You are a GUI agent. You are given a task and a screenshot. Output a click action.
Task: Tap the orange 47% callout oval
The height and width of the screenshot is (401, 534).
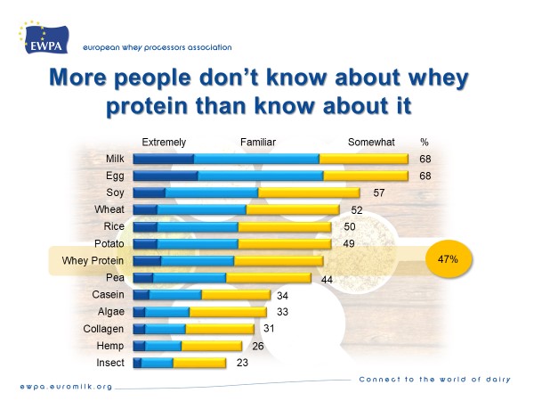(x=448, y=260)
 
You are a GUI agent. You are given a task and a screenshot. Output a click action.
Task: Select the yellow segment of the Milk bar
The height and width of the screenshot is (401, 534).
(x=364, y=159)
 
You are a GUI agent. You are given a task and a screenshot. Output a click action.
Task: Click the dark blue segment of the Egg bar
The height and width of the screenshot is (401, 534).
(x=165, y=176)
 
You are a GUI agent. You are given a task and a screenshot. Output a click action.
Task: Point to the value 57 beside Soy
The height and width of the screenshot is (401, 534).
(x=379, y=192)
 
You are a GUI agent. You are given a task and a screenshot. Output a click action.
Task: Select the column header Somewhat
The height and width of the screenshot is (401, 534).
(x=368, y=142)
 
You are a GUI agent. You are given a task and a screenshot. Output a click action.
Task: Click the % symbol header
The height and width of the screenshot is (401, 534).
(x=425, y=142)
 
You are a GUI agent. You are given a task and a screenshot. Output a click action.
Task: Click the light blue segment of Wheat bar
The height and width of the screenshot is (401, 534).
(x=201, y=209)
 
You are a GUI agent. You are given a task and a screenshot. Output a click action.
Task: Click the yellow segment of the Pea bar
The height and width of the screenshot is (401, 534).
(x=268, y=278)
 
